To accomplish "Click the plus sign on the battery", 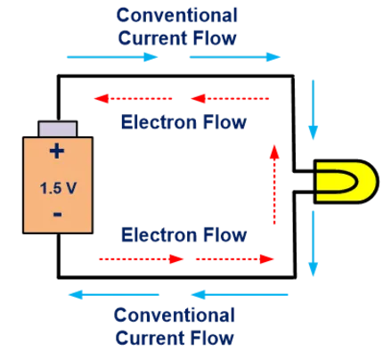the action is [x=57, y=151].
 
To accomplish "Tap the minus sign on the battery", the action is [x=58, y=214].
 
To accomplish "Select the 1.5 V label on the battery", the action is [x=58, y=188].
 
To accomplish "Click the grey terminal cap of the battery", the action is [x=58, y=128].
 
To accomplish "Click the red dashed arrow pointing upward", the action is [x=274, y=184].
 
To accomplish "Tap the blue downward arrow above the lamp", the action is [x=313, y=110].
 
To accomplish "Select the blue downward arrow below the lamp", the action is [x=313, y=243].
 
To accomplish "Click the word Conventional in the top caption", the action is [x=177, y=15].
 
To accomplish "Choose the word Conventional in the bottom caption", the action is [x=175, y=315].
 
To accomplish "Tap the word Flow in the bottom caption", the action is [x=212, y=338].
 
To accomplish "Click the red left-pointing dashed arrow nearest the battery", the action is [x=133, y=98].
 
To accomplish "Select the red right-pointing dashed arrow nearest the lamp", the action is [x=234, y=259].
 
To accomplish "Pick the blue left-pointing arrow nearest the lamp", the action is [x=240, y=295].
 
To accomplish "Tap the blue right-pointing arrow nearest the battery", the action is [x=112, y=57].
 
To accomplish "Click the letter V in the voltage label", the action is [x=70, y=188].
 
